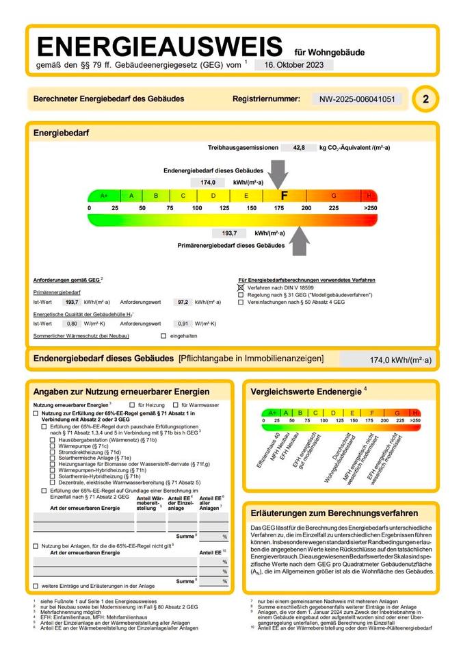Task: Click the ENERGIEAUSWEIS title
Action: click(x=159, y=47)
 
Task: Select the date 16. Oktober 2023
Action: click(x=293, y=65)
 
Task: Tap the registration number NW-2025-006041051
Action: click(x=357, y=99)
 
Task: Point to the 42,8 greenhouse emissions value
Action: click(x=298, y=147)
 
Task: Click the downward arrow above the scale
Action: click(x=278, y=173)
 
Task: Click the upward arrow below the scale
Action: click(x=299, y=240)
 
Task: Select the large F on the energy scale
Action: click(x=284, y=196)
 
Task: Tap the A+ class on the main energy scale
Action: click(x=104, y=196)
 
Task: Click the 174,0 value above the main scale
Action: click(x=208, y=183)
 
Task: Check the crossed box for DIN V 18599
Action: click(x=241, y=288)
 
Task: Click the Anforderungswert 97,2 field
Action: click(x=182, y=301)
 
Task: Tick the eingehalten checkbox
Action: click(x=163, y=336)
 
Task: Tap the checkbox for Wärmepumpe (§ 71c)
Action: click(x=53, y=446)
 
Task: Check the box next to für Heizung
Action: click(x=131, y=405)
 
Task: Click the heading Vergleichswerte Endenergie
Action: click(x=305, y=391)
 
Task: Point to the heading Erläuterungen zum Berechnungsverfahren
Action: click(x=334, y=513)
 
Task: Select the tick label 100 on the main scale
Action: click(x=197, y=207)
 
